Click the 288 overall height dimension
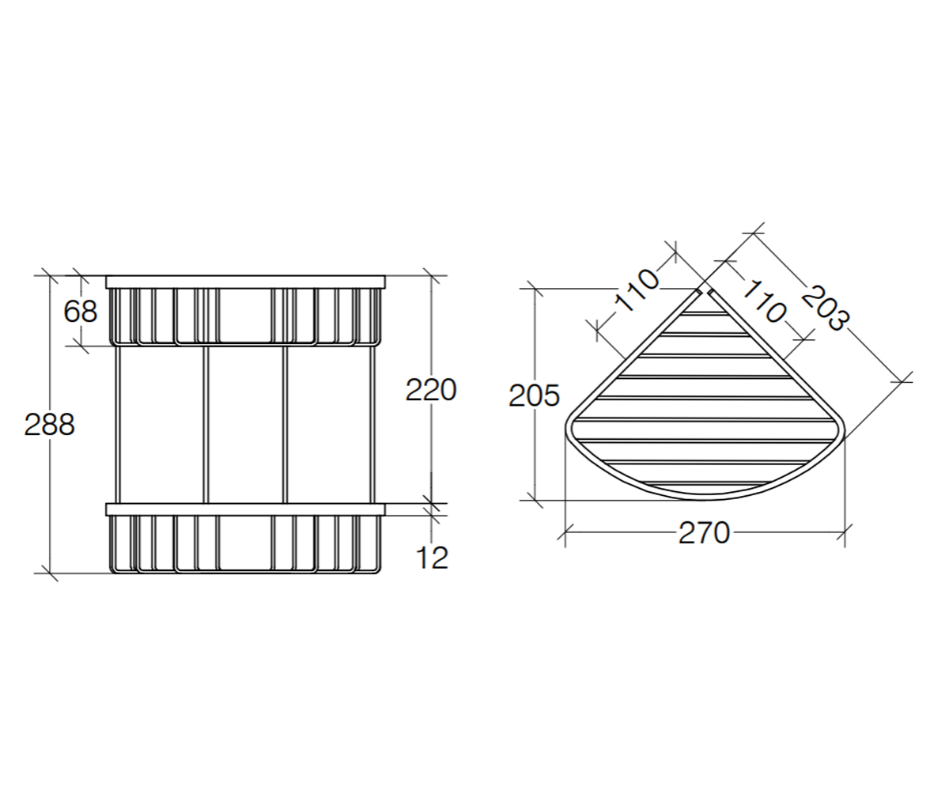tap(49, 425)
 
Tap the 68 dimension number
tap(81, 312)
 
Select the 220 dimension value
tap(431, 390)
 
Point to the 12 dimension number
tap(433, 558)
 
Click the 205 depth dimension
tap(534, 395)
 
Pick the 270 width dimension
tap(704, 533)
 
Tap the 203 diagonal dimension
tap(825, 308)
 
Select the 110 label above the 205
tap(637, 290)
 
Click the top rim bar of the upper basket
tap(245, 282)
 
